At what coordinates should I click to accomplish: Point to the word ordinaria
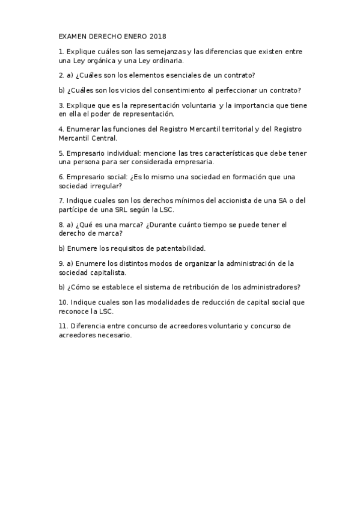point(166,61)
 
